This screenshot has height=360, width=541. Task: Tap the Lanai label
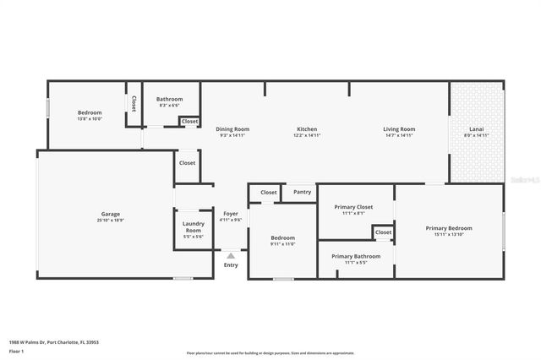(x=477, y=128)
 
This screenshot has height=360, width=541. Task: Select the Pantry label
(x=303, y=193)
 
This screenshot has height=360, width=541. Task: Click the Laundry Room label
(x=194, y=227)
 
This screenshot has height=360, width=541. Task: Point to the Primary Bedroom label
(x=449, y=228)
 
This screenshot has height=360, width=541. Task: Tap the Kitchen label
(x=306, y=128)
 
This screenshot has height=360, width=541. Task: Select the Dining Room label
(x=232, y=128)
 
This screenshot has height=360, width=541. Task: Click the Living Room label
(x=399, y=128)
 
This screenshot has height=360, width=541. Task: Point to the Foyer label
(x=231, y=214)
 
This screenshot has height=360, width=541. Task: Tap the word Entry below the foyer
(x=231, y=265)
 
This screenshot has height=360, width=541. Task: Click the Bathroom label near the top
(x=169, y=99)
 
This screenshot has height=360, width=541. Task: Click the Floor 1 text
(x=16, y=350)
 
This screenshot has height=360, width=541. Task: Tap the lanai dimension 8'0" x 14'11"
(x=477, y=135)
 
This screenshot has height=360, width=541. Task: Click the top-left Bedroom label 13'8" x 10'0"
(x=90, y=112)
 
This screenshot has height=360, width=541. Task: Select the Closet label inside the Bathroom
(x=190, y=122)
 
